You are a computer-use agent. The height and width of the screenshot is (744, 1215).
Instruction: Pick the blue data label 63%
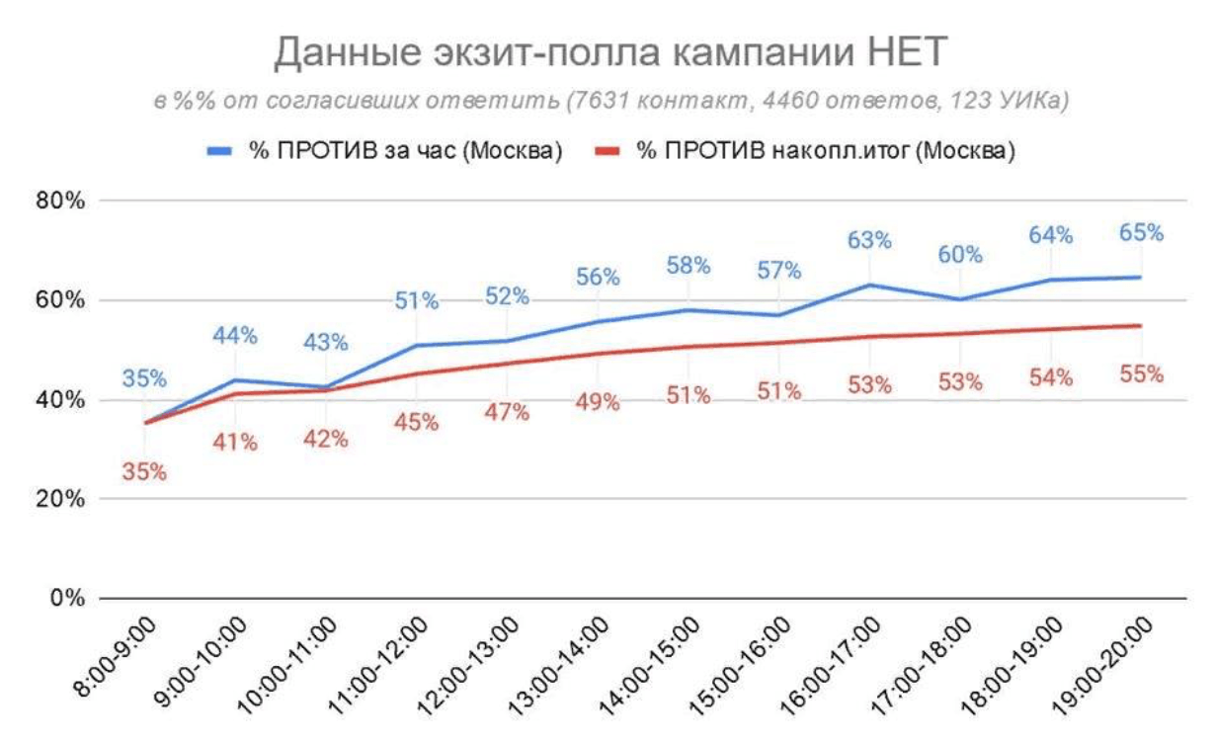tap(869, 240)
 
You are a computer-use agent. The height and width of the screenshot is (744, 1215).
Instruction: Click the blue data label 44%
tap(235, 336)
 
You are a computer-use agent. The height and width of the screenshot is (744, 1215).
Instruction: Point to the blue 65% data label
tap(1141, 233)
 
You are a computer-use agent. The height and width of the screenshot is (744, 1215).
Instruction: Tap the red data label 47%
tap(507, 412)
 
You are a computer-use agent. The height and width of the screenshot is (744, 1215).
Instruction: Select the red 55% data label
tap(1141, 374)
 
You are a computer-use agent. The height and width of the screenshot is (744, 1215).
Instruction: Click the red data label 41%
tap(235, 443)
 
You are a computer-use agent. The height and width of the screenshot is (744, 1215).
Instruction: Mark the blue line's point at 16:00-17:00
tap(869, 285)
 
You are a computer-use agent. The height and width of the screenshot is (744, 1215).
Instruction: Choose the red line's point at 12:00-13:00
tap(507, 363)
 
